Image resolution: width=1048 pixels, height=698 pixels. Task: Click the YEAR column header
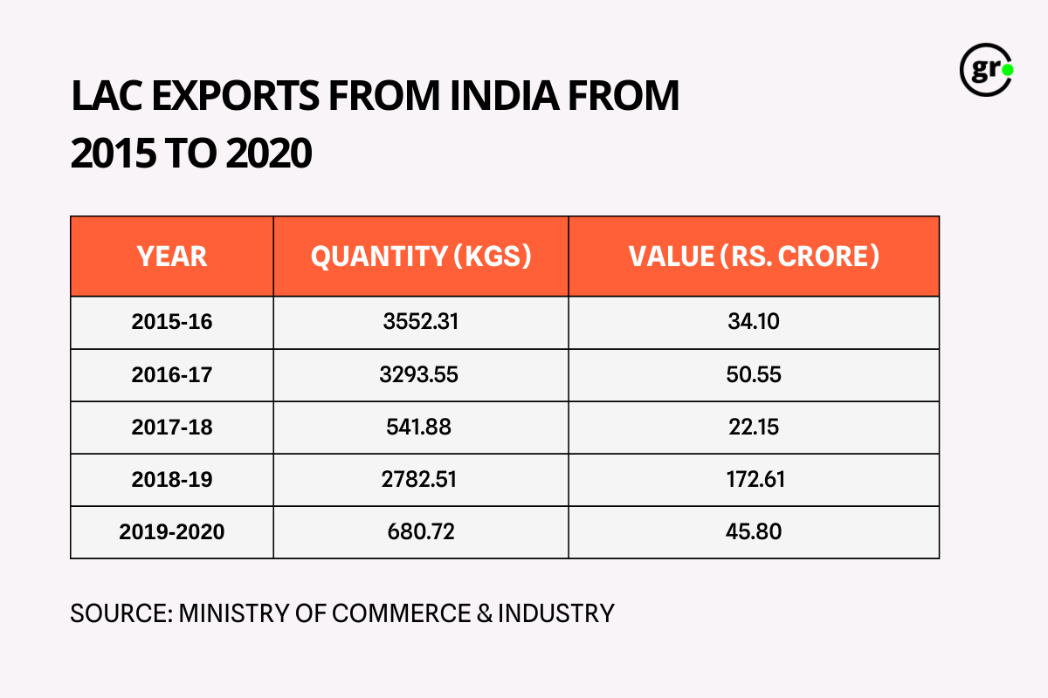pyautogui.click(x=172, y=257)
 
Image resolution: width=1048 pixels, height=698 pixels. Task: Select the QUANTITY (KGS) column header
pyautogui.click(x=421, y=257)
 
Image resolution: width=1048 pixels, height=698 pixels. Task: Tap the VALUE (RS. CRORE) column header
pyautogui.click(x=754, y=257)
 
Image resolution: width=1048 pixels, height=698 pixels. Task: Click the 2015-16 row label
pyautogui.click(x=172, y=323)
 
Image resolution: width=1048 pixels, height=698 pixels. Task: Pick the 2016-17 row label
pyautogui.click(x=172, y=375)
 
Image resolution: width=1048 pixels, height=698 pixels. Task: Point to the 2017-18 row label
pyautogui.click(x=172, y=428)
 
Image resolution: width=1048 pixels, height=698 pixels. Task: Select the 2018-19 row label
pyautogui.click(x=172, y=480)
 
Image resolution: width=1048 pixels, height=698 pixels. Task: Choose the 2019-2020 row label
pyautogui.click(x=172, y=532)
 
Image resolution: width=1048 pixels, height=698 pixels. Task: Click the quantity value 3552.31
pyautogui.click(x=421, y=323)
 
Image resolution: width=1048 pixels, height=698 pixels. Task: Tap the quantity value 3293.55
pyautogui.click(x=421, y=375)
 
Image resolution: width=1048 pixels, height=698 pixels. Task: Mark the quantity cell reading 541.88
pyautogui.click(x=421, y=428)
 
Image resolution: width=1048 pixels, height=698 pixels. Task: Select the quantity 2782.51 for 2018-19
pyautogui.click(x=421, y=480)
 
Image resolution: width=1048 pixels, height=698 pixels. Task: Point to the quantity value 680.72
pyautogui.click(x=421, y=532)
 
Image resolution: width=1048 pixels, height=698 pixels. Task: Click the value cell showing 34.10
pyautogui.click(x=754, y=323)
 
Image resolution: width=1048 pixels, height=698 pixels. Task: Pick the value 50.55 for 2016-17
pyautogui.click(x=754, y=375)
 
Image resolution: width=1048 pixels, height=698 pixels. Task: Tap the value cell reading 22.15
pyautogui.click(x=754, y=428)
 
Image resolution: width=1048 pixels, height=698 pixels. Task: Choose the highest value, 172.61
pyautogui.click(x=754, y=480)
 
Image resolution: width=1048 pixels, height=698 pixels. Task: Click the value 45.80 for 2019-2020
pyautogui.click(x=754, y=532)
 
